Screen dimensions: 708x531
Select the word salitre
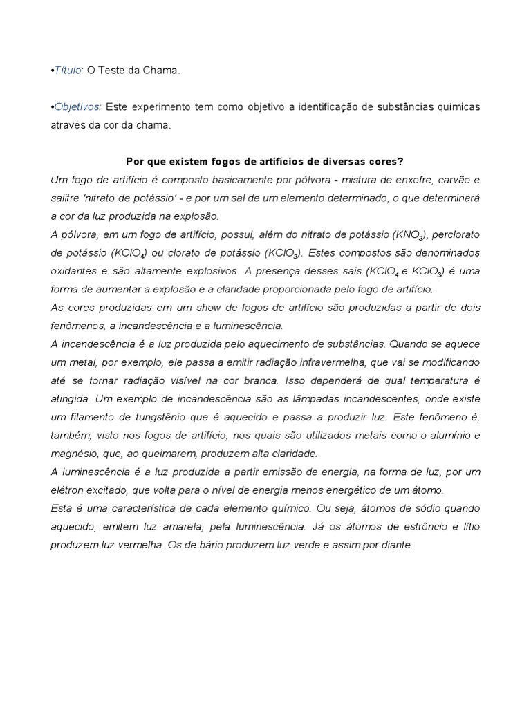66,198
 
